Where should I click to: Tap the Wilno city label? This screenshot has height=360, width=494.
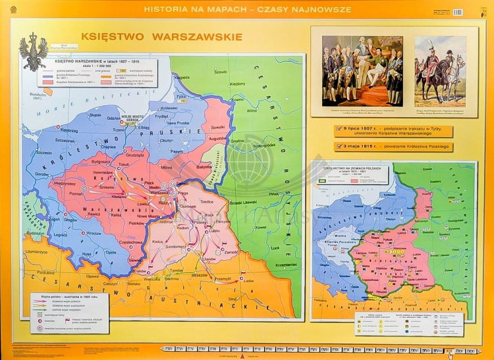[252, 111]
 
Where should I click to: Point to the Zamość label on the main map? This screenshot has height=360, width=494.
[231, 251]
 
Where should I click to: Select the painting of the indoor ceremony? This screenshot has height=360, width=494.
[362, 70]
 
